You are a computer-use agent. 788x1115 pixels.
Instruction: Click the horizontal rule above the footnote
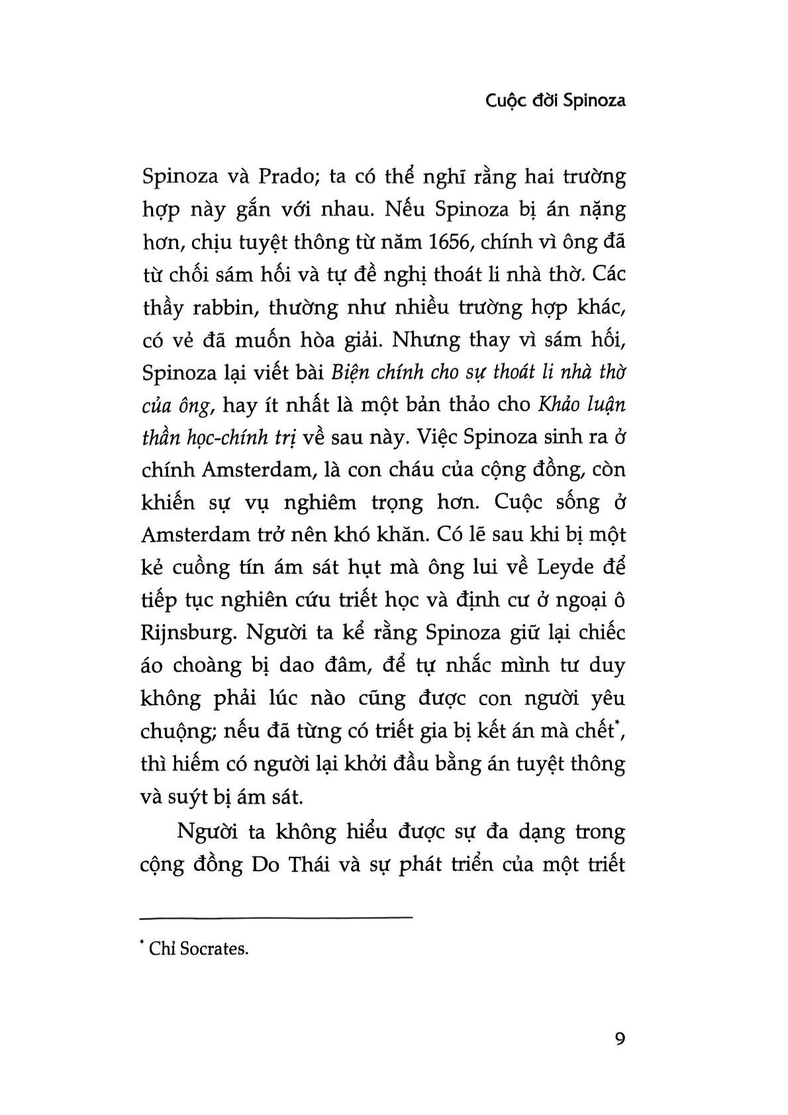point(277,917)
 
